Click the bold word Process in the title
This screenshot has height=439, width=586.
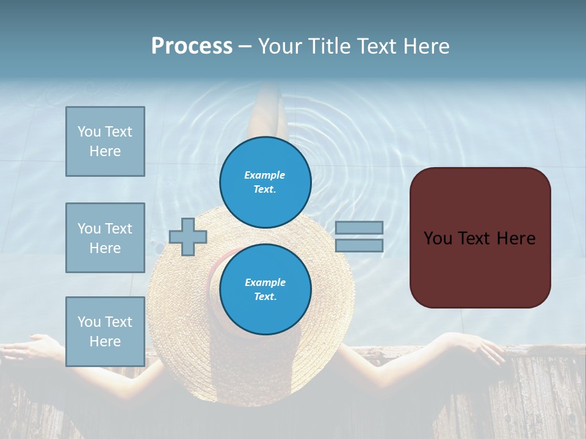[192, 46]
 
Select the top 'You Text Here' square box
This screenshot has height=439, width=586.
[105, 141]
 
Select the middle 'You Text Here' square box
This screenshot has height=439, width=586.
[105, 238]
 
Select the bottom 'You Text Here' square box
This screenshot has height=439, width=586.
[105, 331]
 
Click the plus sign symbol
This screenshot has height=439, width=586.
[188, 237]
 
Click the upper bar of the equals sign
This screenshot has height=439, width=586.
[359, 227]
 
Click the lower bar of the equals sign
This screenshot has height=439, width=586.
[359, 245]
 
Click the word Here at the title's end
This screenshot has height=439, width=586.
[428, 46]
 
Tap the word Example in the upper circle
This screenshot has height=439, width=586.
[264, 175]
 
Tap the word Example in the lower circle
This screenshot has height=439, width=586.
[265, 282]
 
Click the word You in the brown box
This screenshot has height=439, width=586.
[437, 238]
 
